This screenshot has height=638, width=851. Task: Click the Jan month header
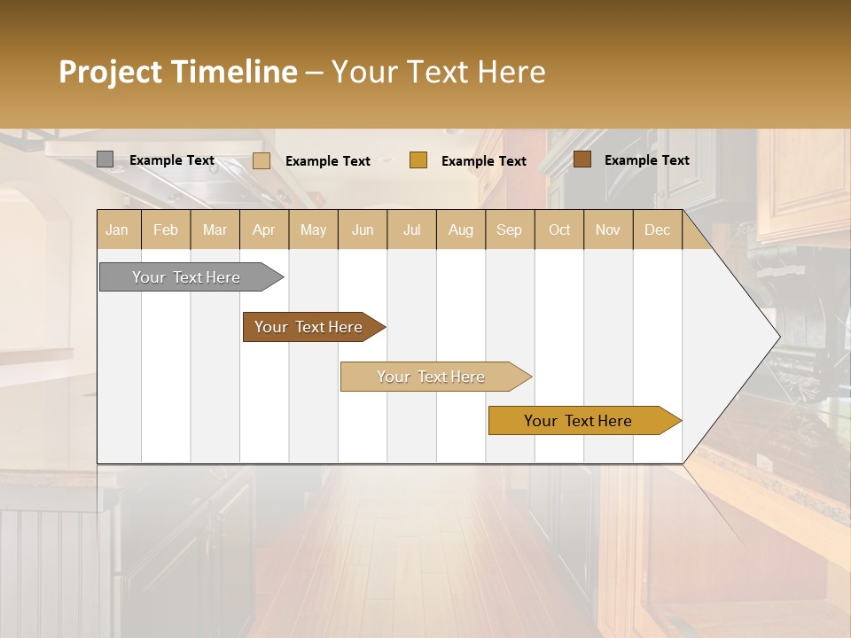point(118,230)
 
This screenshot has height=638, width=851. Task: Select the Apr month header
point(264,230)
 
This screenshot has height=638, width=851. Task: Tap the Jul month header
point(412,230)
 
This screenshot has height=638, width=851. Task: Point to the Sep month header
point(510,230)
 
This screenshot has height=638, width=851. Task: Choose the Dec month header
point(657,230)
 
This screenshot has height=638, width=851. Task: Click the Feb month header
point(166,230)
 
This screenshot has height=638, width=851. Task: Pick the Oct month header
point(559,230)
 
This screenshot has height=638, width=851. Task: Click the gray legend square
point(105,159)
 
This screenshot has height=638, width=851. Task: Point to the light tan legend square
point(262,160)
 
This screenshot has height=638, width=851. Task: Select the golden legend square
point(418,160)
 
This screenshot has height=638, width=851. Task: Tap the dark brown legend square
point(582,159)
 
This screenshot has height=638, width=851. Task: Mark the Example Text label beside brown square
point(646,159)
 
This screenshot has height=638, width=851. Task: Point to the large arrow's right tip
point(777,336)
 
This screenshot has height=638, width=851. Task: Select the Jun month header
point(363,230)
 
